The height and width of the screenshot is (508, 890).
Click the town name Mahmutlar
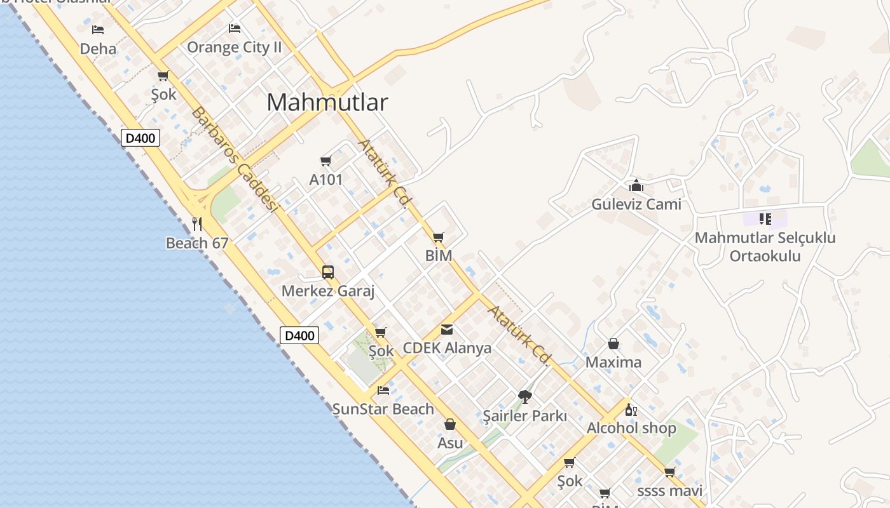(327, 102)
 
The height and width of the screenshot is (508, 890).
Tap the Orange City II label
(234, 48)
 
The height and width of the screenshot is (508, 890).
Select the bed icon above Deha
(98, 29)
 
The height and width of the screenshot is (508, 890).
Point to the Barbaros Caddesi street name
(235, 159)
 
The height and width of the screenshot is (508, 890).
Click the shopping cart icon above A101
(326, 161)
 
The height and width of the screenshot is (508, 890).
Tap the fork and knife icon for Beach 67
(197, 224)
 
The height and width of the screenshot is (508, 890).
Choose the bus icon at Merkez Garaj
(328, 272)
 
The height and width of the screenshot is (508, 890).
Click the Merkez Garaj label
(328, 291)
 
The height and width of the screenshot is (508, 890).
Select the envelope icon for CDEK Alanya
(447, 330)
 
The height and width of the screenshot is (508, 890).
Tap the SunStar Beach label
(383, 409)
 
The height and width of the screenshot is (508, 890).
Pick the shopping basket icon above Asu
(450, 424)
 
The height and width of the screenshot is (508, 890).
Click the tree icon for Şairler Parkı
(524, 397)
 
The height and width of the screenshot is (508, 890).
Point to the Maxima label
(613, 363)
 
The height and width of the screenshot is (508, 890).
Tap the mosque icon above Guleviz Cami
(636, 185)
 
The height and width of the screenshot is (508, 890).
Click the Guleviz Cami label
(636, 204)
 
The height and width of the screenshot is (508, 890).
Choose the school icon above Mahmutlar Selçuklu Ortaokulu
(765, 219)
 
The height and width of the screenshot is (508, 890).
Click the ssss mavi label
(669, 491)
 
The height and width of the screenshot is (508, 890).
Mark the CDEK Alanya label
(447, 349)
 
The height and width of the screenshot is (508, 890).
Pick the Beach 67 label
(197, 243)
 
